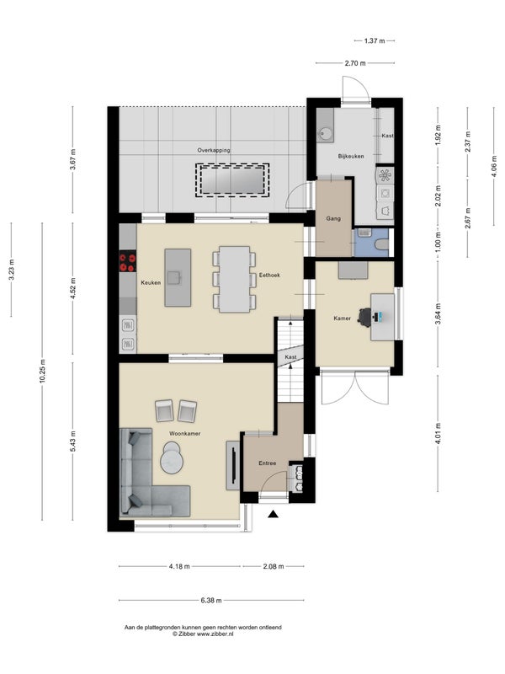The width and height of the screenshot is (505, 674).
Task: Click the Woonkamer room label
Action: [x=184, y=433]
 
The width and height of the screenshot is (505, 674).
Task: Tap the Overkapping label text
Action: [x=214, y=151]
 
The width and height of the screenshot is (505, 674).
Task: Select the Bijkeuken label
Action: [x=351, y=156]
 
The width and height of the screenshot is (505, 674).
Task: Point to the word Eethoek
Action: [x=269, y=275]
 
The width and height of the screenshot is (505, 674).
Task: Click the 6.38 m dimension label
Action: [x=211, y=601]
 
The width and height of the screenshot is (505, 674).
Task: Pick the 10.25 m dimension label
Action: [x=42, y=371]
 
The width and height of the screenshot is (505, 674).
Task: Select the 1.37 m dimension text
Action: [x=375, y=40]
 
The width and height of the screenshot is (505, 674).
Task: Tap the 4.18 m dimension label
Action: [x=179, y=566]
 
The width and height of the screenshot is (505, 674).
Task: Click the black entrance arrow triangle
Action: [x=273, y=514]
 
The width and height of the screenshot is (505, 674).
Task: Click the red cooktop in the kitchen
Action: [x=128, y=262]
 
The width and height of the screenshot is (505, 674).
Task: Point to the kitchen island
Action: [x=178, y=278]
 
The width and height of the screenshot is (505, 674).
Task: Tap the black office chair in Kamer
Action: [x=365, y=318]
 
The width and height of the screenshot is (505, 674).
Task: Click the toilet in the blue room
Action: [x=381, y=244]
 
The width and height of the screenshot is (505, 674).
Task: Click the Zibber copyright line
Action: [x=203, y=634]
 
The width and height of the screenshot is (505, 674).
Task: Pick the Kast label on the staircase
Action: [x=290, y=357]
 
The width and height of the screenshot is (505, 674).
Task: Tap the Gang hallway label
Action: [x=333, y=219]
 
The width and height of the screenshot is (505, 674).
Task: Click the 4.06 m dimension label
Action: [x=494, y=166]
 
